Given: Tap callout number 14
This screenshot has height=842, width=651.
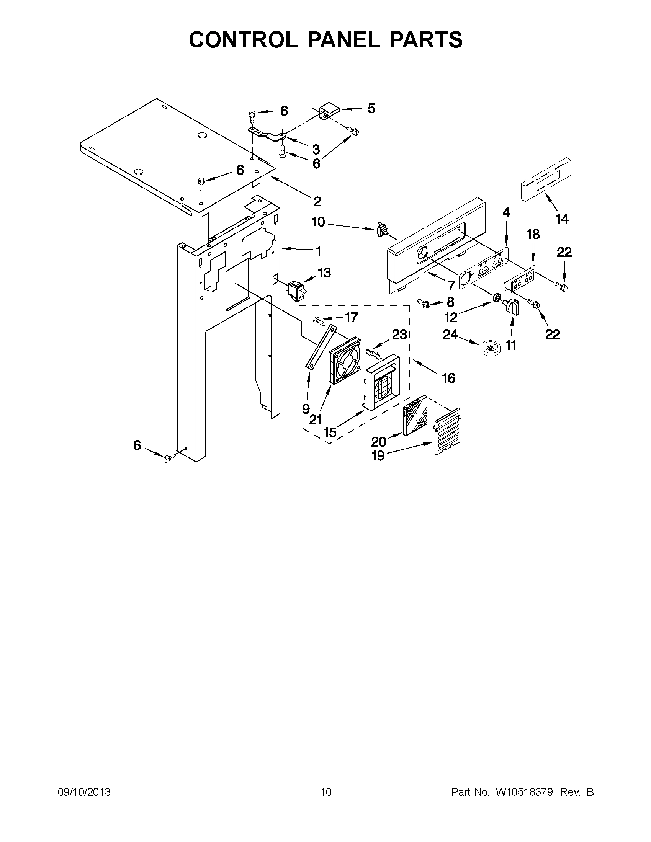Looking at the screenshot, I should [x=562, y=219].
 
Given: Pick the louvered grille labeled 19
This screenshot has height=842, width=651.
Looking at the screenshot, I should [x=447, y=431].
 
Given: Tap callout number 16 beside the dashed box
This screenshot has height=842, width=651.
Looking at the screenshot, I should [x=448, y=378].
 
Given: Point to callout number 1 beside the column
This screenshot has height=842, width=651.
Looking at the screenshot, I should [x=318, y=251].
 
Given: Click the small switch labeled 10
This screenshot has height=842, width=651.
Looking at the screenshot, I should [x=381, y=230].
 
